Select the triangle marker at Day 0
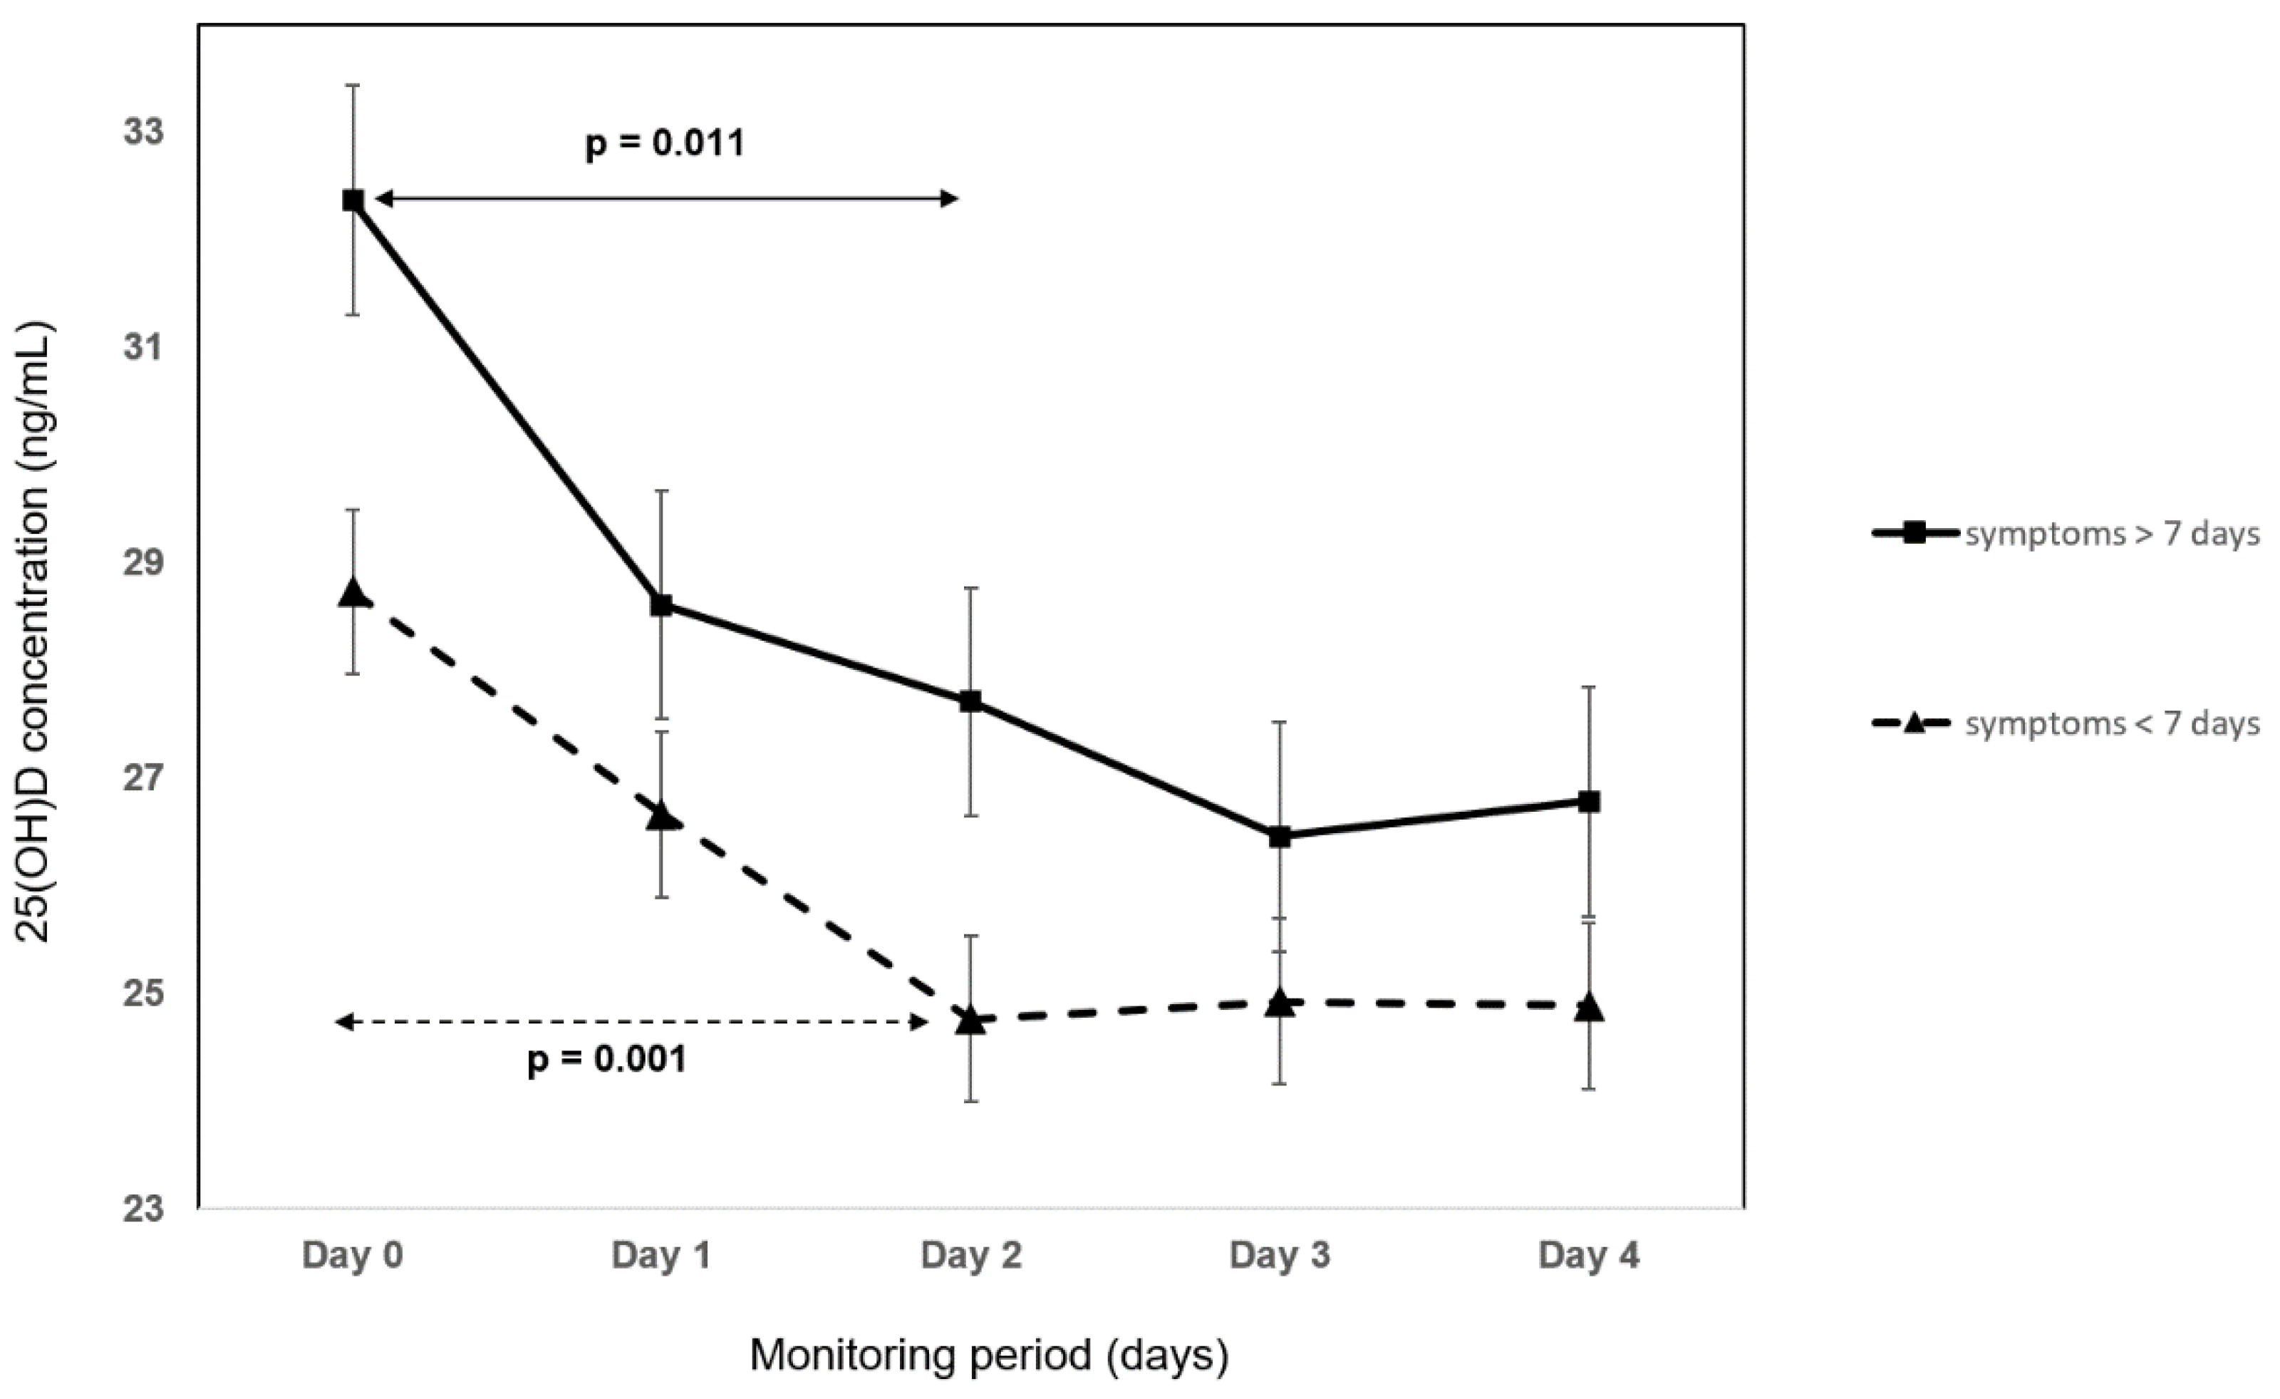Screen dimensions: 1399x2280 (x=353, y=593)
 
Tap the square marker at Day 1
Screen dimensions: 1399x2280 (x=662, y=606)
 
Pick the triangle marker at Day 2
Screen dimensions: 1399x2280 (x=970, y=1020)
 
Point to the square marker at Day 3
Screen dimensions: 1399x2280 (x=1280, y=837)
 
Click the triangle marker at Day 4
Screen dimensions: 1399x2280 (x=1590, y=1007)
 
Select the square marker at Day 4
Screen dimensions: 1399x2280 (x=1590, y=801)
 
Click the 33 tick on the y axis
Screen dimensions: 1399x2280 (x=143, y=131)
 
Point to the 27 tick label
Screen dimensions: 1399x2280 (x=143, y=778)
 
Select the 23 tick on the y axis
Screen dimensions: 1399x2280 (x=143, y=1209)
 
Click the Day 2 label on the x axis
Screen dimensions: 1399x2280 (x=970, y=1256)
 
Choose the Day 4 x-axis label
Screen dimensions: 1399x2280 (x=1588, y=1256)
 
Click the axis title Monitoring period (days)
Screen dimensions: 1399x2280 (x=988, y=1355)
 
